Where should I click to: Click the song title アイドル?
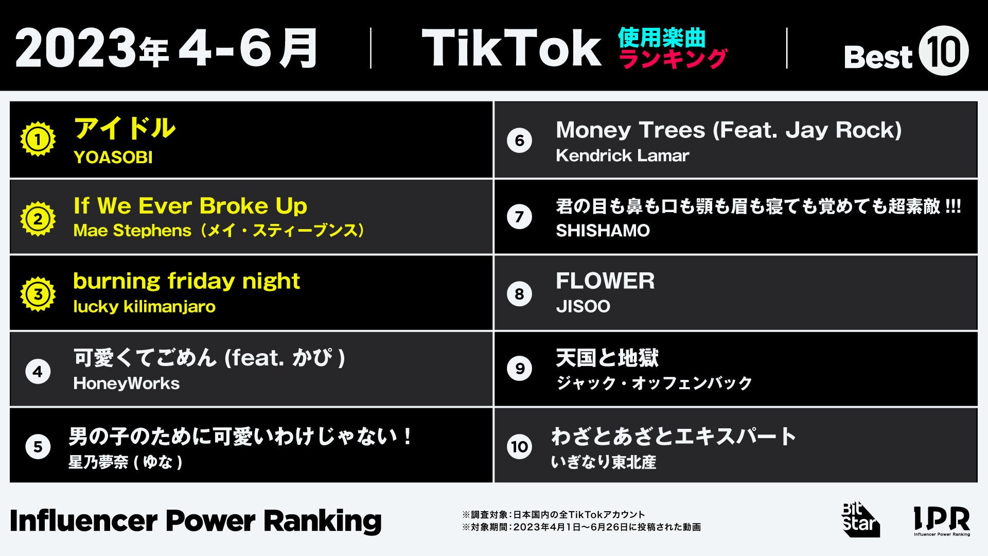click(x=125, y=128)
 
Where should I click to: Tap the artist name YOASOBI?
click(x=113, y=158)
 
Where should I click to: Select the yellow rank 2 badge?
click(x=38, y=219)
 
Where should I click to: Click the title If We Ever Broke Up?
click(x=190, y=206)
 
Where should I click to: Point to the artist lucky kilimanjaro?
click(x=144, y=307)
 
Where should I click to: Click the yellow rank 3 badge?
click(x=38, y=294)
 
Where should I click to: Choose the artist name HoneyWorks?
click(x=127, y=384)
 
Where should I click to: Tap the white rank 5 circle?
click(x=38, y=446)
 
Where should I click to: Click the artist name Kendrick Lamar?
click(x=622, y=155)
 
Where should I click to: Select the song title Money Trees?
click(x=729, y=130)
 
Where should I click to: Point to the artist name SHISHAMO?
click(x=603, y=231)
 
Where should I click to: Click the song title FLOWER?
click(x=605, y=281)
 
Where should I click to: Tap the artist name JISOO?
click(x=583, y=307)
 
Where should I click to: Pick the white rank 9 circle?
click(x=520, y=369)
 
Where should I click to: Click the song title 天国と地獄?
click(x=607, y=358)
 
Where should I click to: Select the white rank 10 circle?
click(x=520, y=446)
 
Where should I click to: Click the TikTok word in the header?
click(x=511, y=48)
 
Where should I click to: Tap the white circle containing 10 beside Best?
click(x=943, y=51)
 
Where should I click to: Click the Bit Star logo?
click(x=860, y=520)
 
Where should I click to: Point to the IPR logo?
click(x=942, y=520)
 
